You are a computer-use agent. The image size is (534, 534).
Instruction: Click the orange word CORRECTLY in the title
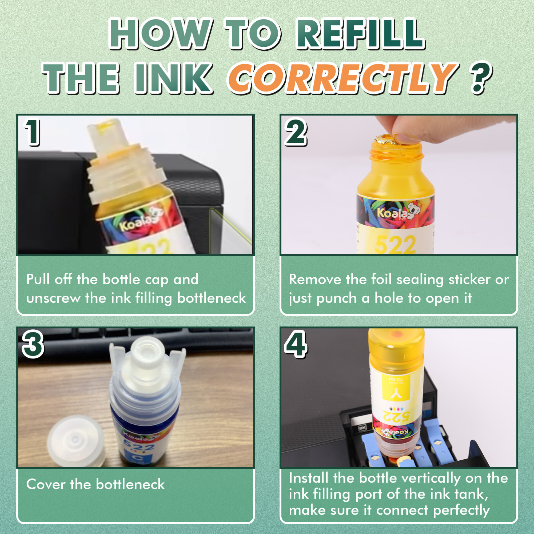[342, 78]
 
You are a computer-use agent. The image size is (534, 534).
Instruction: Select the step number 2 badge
[295, 132]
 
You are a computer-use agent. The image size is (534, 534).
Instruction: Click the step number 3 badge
[33, 344]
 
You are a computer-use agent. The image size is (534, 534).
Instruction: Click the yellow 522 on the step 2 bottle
[395, 245]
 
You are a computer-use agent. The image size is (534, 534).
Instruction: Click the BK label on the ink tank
[362, 428]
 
